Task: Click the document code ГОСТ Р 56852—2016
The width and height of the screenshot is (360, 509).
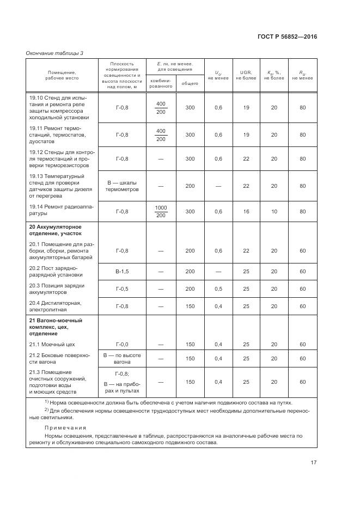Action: [287, 36]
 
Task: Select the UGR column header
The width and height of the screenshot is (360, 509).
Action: [246, 75]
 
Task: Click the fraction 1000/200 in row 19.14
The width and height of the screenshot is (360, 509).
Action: [161, 211]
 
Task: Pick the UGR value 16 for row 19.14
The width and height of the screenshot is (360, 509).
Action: [246, 211]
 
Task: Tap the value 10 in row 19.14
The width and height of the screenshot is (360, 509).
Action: [274, 211]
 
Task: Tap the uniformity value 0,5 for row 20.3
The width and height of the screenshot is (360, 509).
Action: [218, 289]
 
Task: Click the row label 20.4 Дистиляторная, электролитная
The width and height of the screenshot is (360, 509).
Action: [56, 306]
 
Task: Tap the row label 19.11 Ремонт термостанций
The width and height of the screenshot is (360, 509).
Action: [57, 134]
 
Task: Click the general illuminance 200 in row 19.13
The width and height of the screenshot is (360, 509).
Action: [190, 186]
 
